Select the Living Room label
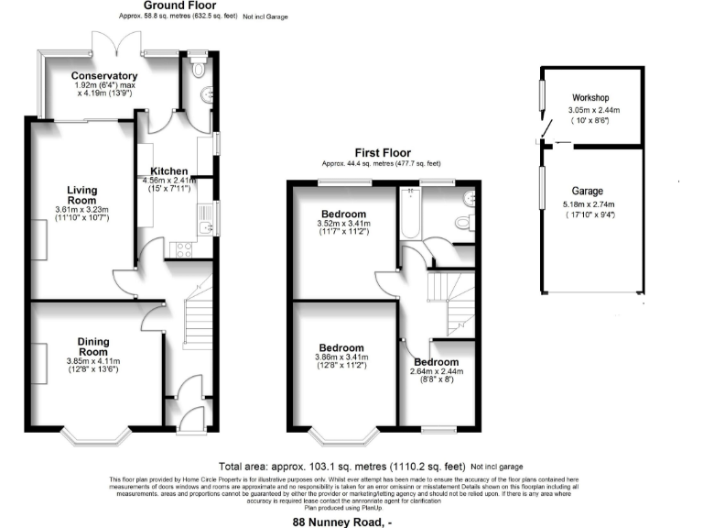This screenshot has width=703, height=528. coord(81,195)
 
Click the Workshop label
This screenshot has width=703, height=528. coord(590,97)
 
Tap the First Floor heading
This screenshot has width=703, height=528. coord(383,153)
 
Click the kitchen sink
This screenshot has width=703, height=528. coord(206,218)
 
